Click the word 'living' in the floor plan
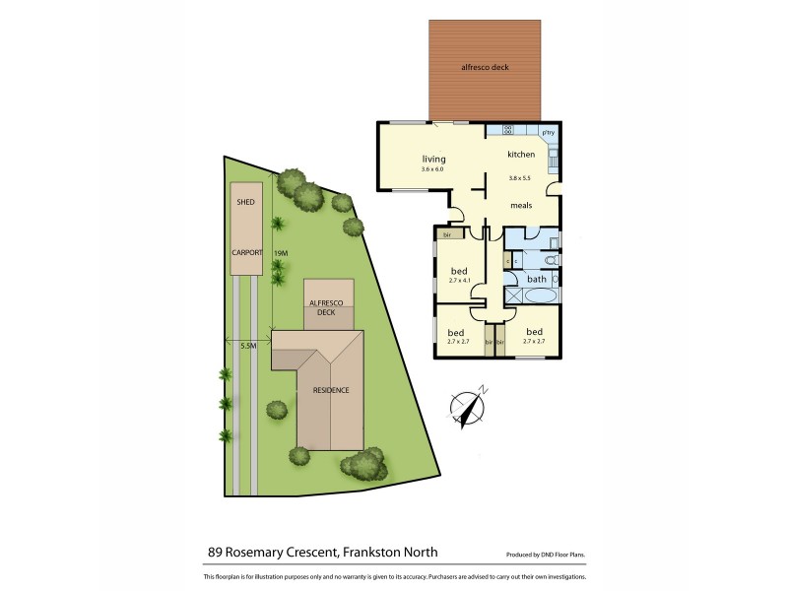[434, 159]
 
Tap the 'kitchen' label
[521, 155]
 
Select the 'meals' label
[521, 205]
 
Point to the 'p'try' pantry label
[549, 132]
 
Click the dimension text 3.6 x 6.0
[433, 169]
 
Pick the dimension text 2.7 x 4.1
[460, 281]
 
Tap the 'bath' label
[537, 279]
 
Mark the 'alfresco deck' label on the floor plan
[485, 68]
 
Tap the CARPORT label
[246, 253]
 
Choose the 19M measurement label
[281, 253]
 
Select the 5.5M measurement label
[248, 346]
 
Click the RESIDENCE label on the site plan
[332, 390]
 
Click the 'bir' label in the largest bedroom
[448, 235]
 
